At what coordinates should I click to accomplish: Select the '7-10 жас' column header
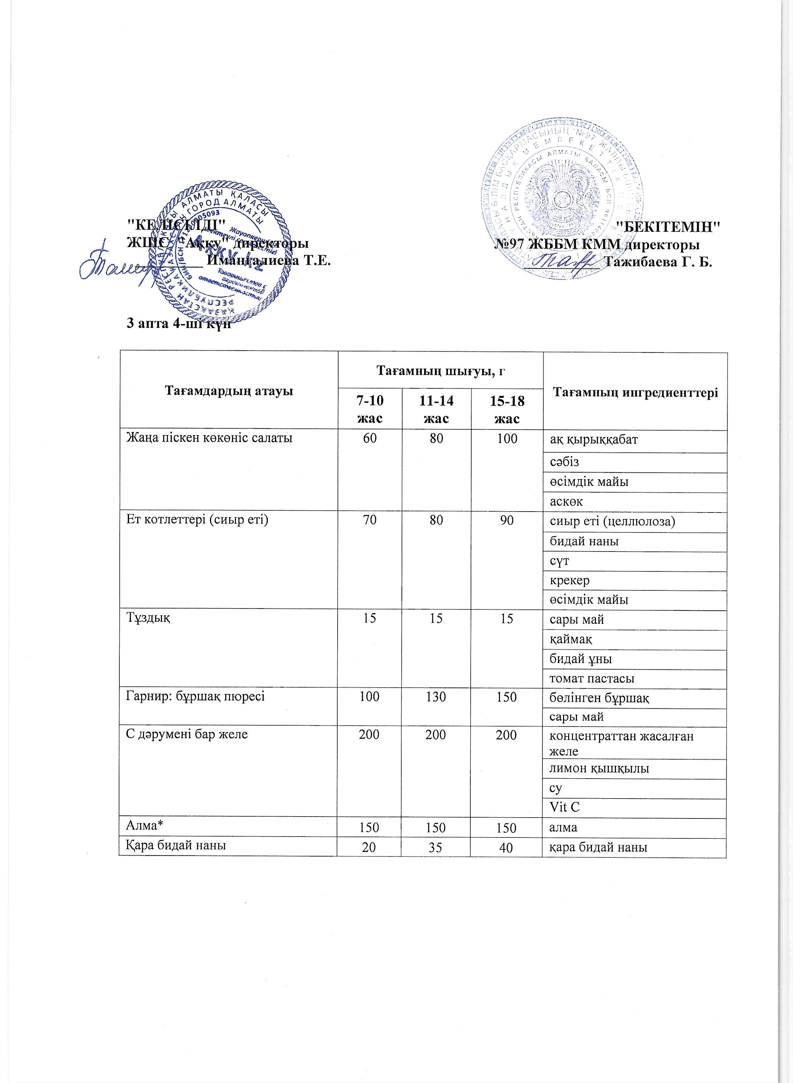[370, 409]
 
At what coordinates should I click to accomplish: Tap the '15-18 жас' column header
[507, 409]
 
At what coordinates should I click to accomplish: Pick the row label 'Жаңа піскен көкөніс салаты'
[209, 438]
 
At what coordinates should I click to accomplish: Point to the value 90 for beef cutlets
[507, 520]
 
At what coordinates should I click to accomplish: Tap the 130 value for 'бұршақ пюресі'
[436, 697]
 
